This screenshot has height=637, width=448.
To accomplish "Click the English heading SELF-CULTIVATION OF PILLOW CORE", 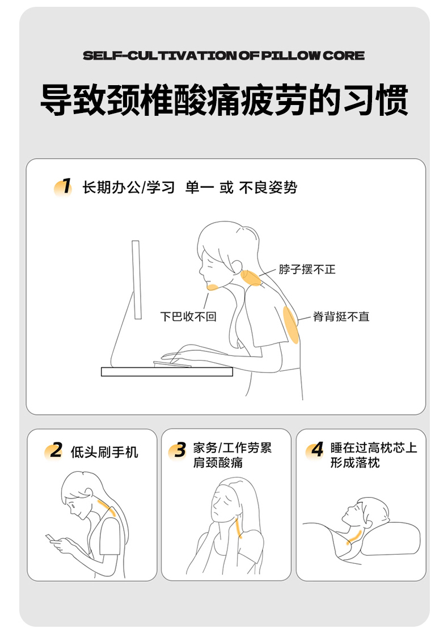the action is click(x=223, y=56).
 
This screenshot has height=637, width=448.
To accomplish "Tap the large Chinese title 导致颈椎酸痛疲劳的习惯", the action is click(x=224, y=100).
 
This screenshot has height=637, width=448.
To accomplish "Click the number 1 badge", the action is click(x=63, y=187).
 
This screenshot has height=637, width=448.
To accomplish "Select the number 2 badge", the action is click(x=54, y=451).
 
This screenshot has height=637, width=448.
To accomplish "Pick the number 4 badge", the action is click(x=315, y=450).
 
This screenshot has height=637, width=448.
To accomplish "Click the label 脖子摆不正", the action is click(x=307, y=269).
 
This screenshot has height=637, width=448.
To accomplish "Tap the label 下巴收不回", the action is click(x=188, y=316).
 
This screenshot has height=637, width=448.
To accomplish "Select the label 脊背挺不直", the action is click(x=341, y=316).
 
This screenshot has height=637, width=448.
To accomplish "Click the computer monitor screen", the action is click(x=137, y=279).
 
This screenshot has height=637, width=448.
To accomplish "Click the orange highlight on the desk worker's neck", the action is click(x=251, y=278).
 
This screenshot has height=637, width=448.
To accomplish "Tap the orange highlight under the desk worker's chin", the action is click(x=213, y=288).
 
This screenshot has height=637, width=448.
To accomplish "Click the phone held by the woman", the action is click(x=50, y=538).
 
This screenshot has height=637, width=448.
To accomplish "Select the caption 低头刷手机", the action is click(x=104, y=452).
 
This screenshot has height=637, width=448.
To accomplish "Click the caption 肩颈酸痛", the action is click(x=218, y=462).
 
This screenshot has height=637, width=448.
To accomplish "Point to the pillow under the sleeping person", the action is click(x=390, y=539).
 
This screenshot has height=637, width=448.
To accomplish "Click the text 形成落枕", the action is click(x=354, y=462).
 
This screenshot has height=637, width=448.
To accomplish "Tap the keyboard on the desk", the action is click(x=172, y=364).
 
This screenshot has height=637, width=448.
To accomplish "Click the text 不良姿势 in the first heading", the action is click(x=268, y=188).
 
